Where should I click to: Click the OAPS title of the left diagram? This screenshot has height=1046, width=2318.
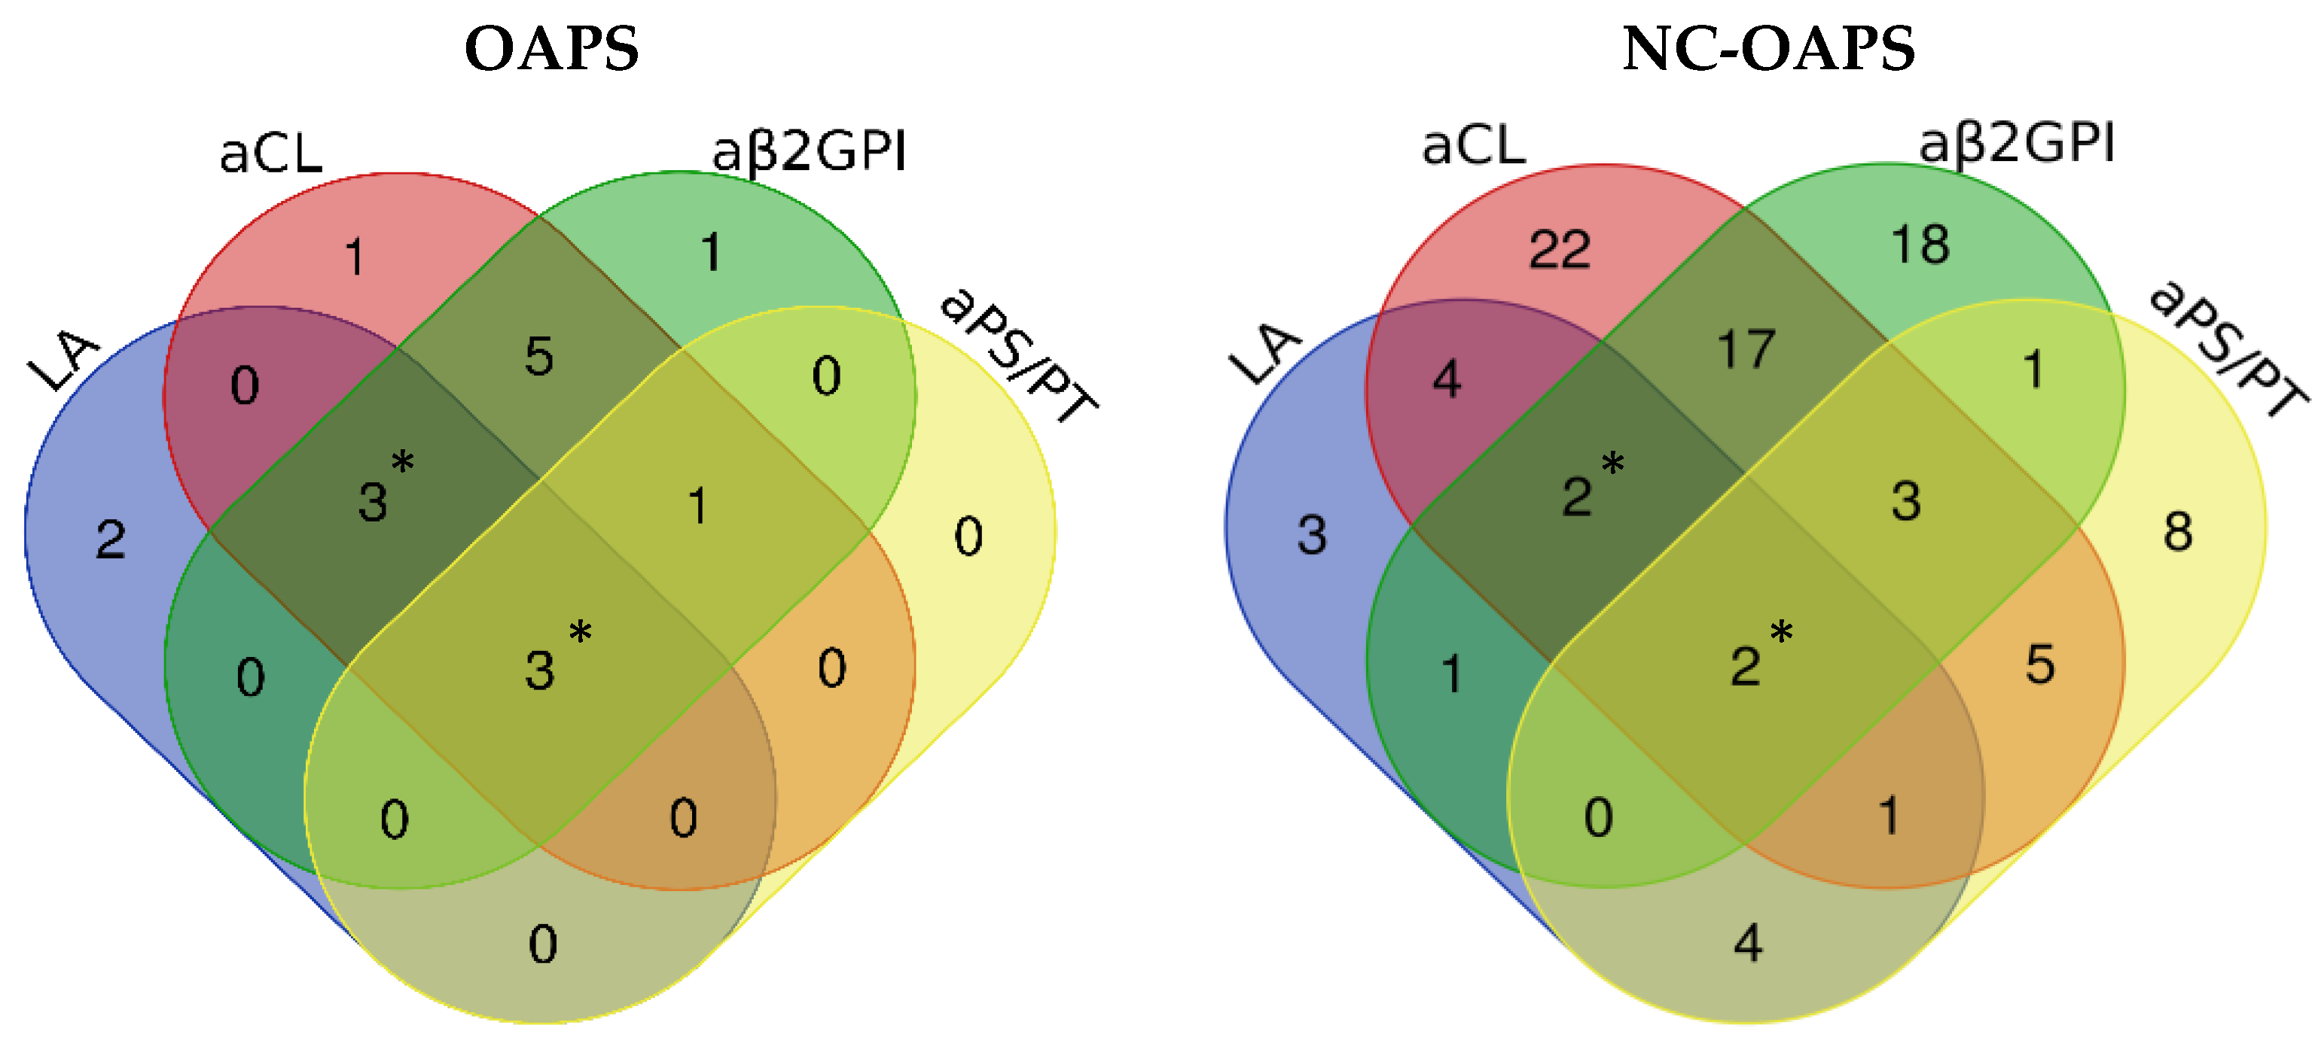tap(551, 49)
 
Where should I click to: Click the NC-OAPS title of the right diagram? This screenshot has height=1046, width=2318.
tap(1768, 49)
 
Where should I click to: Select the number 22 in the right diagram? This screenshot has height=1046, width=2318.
tap(1560, 249)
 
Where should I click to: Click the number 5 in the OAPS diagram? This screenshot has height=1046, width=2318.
tap(539, 356)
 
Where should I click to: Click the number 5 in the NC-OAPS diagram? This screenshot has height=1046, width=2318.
tap(2040, 664)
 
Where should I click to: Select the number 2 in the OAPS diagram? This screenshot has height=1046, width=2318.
tap(111, 540)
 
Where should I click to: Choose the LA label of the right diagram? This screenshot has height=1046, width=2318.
tap(1264, 354)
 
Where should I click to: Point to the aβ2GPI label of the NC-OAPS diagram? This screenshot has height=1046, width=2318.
tap(2017, 144)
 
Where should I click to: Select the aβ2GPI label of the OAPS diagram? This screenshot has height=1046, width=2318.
tap(809, 151)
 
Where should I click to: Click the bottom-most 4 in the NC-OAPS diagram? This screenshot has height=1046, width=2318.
tap(1747, 944)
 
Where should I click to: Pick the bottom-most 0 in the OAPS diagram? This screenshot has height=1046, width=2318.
tap(543, 944)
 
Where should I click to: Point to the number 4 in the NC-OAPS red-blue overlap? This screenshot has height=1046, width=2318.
tap(1446, 379)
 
